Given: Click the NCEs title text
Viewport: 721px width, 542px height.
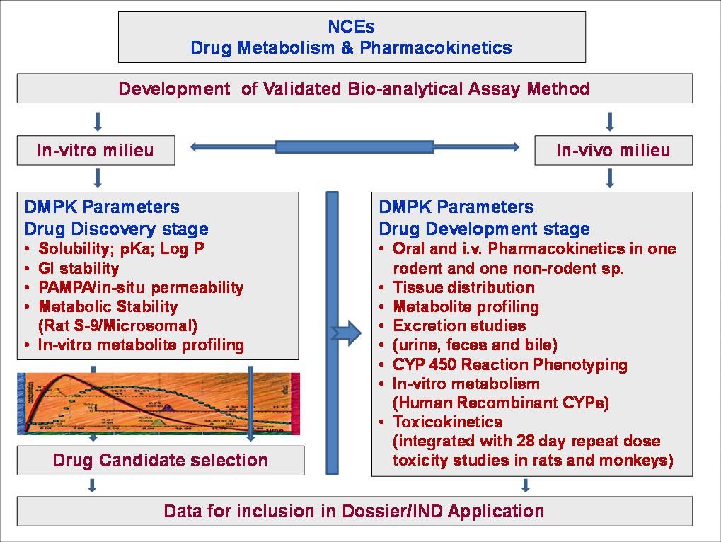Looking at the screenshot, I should click(351, 27).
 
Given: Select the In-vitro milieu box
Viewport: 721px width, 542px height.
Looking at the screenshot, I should click(96, 151).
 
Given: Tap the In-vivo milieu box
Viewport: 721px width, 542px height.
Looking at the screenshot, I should click(613, 151).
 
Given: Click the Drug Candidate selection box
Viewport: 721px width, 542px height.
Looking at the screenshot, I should click(161, 461).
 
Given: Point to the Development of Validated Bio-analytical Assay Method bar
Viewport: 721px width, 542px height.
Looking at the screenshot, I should click(354, 88).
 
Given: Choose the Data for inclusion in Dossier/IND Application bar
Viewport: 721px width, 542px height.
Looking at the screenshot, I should click(354, 511).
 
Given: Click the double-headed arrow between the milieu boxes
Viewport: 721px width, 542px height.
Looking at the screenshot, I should click(354, 147).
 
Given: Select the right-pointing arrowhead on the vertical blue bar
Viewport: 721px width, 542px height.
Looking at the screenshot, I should click(347, 332).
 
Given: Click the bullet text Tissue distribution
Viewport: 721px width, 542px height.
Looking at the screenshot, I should click(463, 287).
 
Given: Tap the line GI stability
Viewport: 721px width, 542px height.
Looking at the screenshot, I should click(79, 268).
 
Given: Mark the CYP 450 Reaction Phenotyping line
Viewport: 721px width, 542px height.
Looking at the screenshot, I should click(509, 364).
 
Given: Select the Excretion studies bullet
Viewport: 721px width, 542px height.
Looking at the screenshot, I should click(458, 326).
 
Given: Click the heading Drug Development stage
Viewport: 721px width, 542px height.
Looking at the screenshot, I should click(484, 229).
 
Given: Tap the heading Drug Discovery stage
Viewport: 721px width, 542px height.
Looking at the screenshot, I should click(116, 229).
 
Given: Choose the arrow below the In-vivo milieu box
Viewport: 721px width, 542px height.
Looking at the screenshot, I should click(610, 178).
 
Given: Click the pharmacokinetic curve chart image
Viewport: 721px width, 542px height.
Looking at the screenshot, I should click(158, 404).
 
